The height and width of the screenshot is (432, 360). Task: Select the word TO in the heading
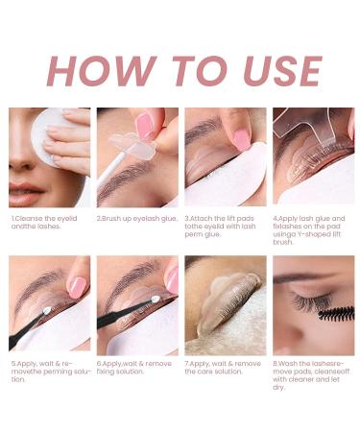[x=174, y=71]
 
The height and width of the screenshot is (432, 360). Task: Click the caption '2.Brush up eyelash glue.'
[x=133, y=219]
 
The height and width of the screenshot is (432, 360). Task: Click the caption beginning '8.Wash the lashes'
[x=311, y=375]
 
